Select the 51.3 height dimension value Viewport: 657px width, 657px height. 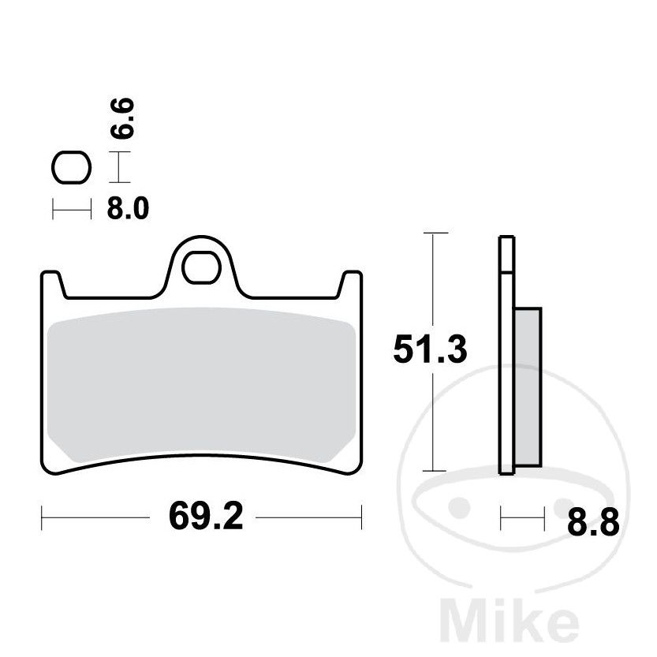point(430,349)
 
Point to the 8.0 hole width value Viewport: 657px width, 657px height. point(127,209)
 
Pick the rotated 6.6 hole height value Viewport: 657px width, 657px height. point(122,119)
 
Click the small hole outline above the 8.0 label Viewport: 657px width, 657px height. point(71,167)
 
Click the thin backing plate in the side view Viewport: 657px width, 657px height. point(506,355)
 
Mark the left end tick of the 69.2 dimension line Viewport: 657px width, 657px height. point(41,518)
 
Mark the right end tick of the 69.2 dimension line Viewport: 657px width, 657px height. point(361,518)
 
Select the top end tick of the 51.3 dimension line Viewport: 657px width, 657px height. point(435,233)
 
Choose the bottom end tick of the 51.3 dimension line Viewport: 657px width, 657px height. point(435,470)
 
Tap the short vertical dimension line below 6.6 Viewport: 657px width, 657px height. point(118,167)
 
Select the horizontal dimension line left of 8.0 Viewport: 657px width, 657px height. point(72,209)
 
